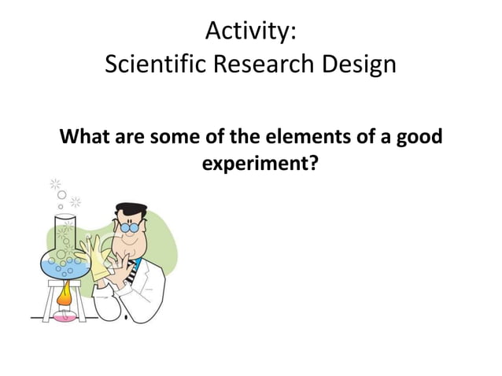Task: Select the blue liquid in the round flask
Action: pos(66,264)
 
